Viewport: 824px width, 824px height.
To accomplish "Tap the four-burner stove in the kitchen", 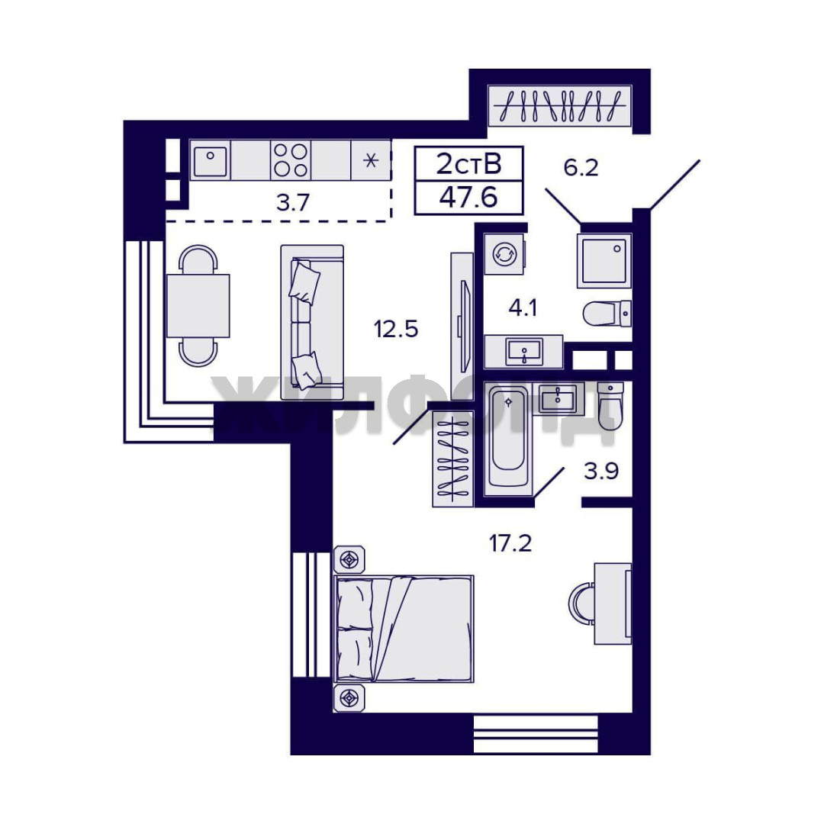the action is [x=291, y=160].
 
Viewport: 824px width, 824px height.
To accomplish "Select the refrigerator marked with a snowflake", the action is [x=371, y=160].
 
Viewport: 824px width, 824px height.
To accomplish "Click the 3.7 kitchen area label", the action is [x=293, y=202].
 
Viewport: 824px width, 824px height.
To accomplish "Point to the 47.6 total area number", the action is [x=468, y=198].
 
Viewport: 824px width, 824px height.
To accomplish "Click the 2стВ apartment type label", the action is [x=468, y=164].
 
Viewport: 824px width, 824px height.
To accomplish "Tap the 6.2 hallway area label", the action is [x=581, y=168].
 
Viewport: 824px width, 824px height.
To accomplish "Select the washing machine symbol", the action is [x=504, y=254].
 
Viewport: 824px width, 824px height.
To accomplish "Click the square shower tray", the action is [x=604, y=261].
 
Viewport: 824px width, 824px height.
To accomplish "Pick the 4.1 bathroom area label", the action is [x=523, y=307].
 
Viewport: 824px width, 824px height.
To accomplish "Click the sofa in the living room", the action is [x=312, y=322].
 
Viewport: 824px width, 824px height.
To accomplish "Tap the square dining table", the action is [x=198, y=305].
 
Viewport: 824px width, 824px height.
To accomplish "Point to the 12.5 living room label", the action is [x=396, y=330].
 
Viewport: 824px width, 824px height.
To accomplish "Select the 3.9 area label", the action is [x=601, y=471].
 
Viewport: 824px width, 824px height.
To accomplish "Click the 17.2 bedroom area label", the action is [x=510, y=543].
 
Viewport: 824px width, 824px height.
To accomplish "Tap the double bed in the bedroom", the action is [x=404, y=629].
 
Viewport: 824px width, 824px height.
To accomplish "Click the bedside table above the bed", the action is [x=349, y=560].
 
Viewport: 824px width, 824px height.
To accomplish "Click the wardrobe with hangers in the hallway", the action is [x=560, y=105].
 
